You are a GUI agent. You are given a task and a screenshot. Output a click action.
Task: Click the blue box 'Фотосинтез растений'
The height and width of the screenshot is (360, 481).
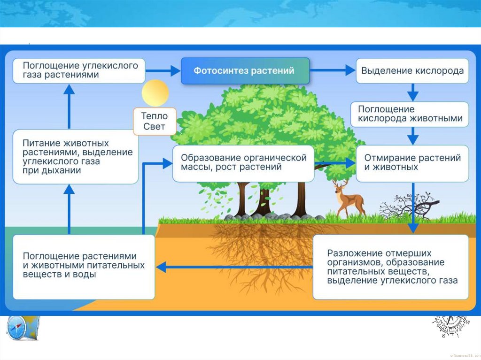click(x=245, y=71)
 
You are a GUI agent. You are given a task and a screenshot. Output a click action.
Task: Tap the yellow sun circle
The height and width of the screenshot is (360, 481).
click(x=155, y=93)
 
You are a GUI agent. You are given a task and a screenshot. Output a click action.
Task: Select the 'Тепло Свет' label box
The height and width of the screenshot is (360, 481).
click(x=155, y=122)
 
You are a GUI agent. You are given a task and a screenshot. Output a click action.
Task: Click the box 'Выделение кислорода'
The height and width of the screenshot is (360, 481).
click(x=412, y=71)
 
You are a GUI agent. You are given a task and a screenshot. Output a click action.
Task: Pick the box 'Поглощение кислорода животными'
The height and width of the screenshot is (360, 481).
click(x=411, y=114)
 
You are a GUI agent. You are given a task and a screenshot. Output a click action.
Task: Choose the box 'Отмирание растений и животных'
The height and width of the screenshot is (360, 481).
click(x=412, y=163)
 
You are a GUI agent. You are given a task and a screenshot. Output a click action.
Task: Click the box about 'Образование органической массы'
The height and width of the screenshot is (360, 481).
click(x=243, y=163)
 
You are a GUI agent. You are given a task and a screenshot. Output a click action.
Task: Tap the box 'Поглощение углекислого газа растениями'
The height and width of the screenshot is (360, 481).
click(x=78, y=70)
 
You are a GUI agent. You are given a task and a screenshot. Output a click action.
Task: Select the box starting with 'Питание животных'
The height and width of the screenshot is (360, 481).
click(x=75, y=156)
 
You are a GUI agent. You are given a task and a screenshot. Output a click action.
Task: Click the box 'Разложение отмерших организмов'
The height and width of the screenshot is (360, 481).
click(x=391, y=267)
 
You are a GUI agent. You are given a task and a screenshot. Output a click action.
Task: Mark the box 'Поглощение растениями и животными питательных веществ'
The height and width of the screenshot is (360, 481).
click(x=84, y=266)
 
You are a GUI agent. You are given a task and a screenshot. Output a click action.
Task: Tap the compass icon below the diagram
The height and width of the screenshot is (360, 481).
click(x=17, y=328)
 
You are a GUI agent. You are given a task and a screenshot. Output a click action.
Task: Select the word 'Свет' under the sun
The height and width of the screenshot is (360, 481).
click(x=155, y=127)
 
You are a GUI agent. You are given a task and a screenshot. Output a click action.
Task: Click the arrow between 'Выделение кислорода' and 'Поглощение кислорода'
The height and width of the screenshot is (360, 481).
click(x=412, y=92)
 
